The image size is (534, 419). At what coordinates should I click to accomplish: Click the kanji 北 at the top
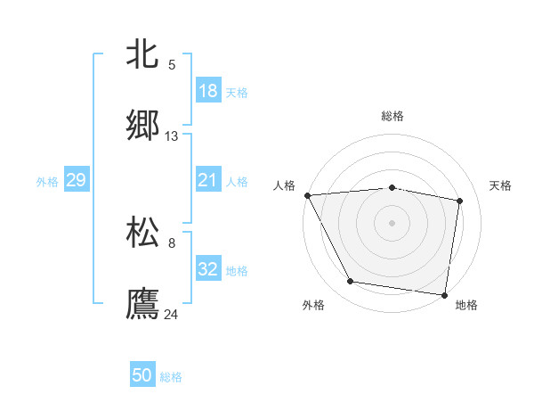pyautogui.click(x=143, y=53)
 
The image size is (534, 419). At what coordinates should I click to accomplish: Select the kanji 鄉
pyautogui.click(x=143, y=125)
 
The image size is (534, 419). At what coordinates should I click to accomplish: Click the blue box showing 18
pyautogui.click(x=208, y=91)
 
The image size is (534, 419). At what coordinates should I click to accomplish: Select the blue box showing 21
pyautogui.click(x=208, y=180)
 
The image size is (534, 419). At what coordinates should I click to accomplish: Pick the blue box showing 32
pyautogui.click(x=208, y=269)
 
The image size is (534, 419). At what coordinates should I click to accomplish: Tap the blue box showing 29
pyautogui.click(x=77, y=180)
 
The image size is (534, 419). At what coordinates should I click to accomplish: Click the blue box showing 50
pyautogui.click(x=142, y=375)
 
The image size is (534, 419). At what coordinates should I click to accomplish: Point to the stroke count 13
pyautogui.click(x=172, y=136)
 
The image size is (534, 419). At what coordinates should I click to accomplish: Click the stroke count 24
pyautogui.click(x=172, y=315)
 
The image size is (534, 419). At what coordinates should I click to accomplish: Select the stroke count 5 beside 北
pyautogui.click(x=172, y=65)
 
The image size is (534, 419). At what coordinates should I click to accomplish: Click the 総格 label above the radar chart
pyautogui.click(x=392, y=116)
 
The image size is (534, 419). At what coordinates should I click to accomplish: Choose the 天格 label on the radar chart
pyautogui.click(x=501, y=185)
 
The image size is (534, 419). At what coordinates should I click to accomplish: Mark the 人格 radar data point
pyautogui.click(x=308, y=195)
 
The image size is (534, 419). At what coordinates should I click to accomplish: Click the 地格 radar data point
pyautogui.click(x=445, y=294)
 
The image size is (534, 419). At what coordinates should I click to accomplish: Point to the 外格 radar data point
pyautogui.click(x=351, y=282)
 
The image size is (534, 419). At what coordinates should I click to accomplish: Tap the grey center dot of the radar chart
pyautogui.click(x=392, y=223)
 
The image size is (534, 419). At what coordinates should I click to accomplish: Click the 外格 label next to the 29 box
pyautogui.click(x=47, y=182)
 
